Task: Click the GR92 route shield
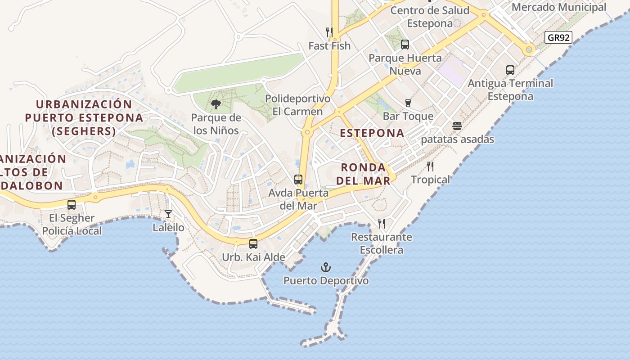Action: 558,37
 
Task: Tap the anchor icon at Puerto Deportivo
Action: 325,268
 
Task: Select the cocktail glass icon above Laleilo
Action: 168,214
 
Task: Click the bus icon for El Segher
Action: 72,205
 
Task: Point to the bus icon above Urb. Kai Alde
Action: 253,244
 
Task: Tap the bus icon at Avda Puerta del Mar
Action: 298,180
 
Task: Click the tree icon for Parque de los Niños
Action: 216,105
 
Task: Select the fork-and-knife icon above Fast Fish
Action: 329,32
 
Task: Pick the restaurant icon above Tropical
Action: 430,166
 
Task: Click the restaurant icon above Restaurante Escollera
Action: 382,223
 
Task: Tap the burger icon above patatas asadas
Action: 457,126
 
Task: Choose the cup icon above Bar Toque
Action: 408,103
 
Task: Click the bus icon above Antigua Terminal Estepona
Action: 510,70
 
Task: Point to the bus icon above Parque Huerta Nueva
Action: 405,45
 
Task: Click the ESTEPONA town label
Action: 372,133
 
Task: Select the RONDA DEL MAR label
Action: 364,174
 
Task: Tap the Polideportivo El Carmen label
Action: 297,105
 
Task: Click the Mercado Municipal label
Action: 559,7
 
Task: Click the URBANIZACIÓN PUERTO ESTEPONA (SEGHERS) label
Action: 84,118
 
